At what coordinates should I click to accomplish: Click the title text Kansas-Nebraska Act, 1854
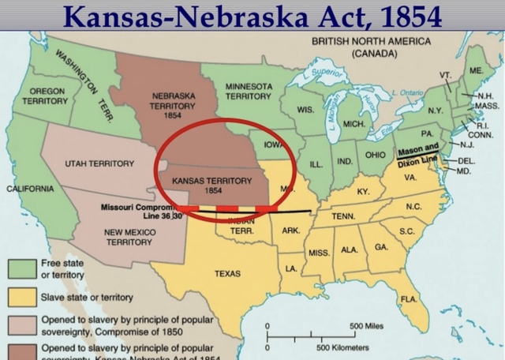(x=252, y=15)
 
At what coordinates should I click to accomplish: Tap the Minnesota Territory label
(x=249, y=91)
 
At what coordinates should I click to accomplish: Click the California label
(x=30, y=189)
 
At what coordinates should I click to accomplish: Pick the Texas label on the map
(x=227, y=273)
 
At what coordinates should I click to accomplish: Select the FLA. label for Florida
(x=409, y=298)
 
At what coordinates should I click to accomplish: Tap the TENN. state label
(x=342, y=216)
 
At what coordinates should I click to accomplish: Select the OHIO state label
(x=375, y=155)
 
